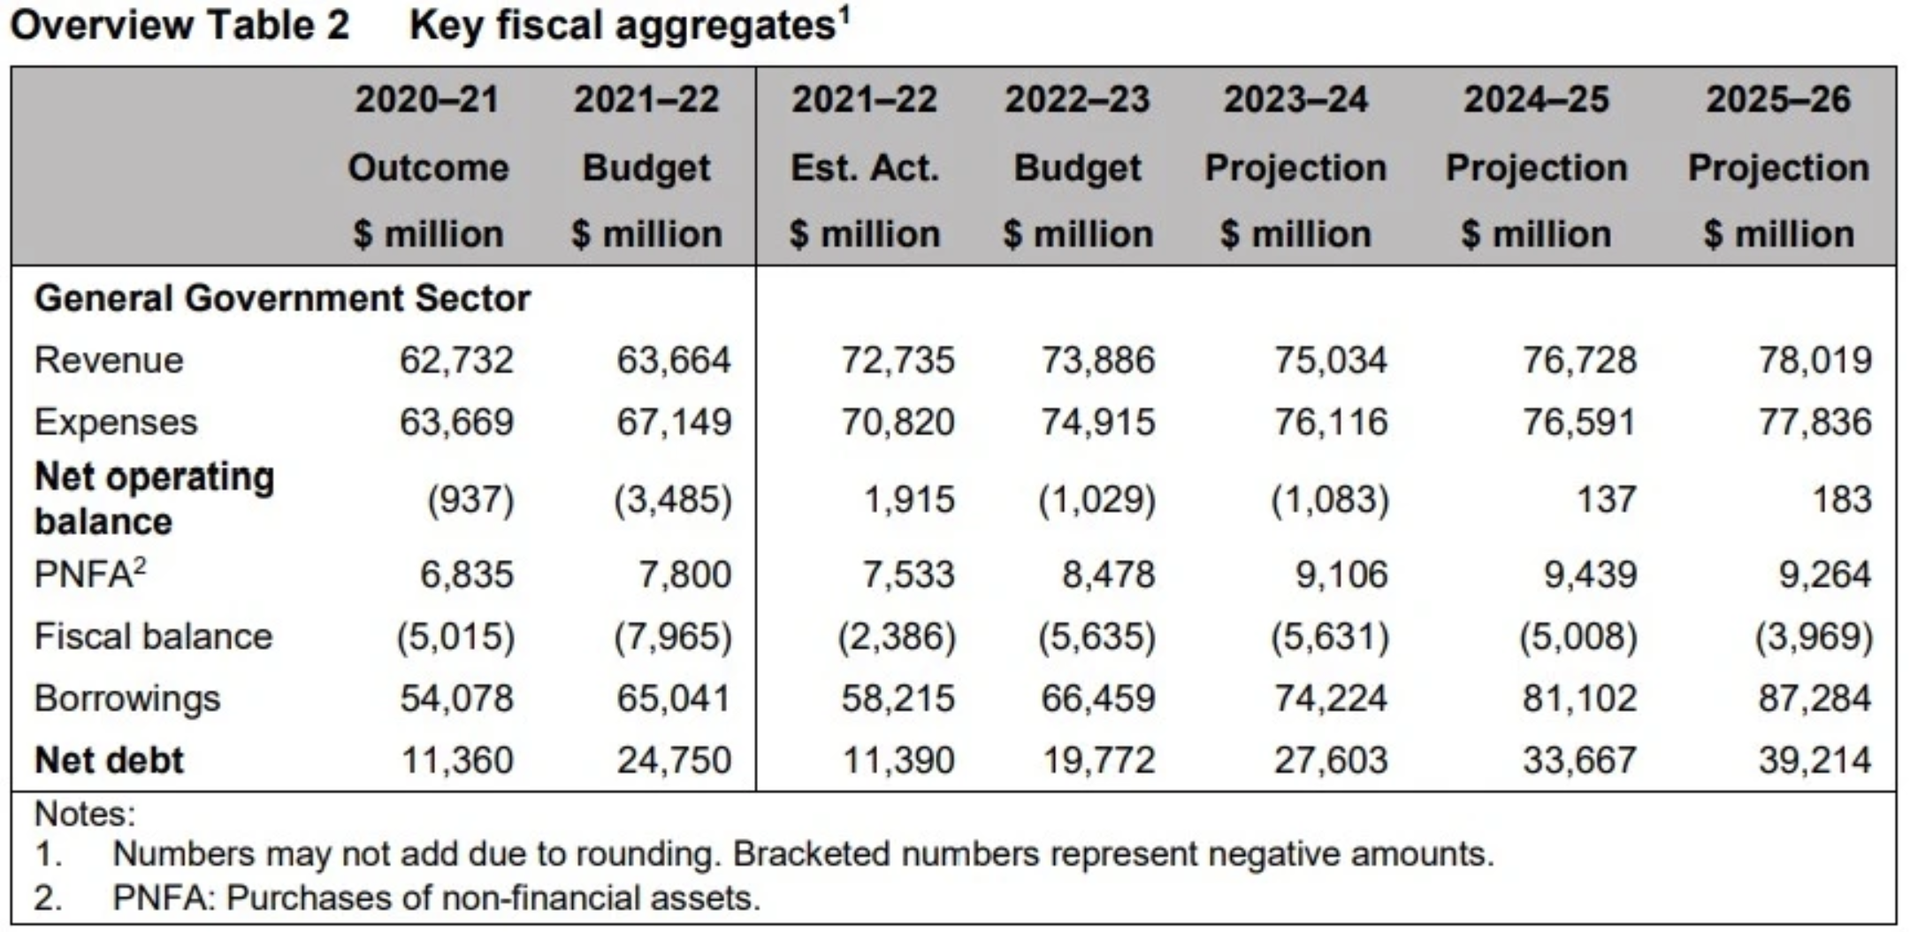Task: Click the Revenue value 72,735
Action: pos(898,360)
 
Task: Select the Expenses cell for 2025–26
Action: pos(1814,422)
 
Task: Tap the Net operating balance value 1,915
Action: pos(909,500)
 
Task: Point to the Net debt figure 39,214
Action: pos(1814,760)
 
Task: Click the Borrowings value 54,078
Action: pos(456,699)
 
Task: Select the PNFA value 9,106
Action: pos(1341,575)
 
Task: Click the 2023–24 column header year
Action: pos(1295,99)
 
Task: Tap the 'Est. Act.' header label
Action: pos(864,168)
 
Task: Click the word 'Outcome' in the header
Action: pos(428,168)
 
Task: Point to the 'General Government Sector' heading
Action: pos(282,299)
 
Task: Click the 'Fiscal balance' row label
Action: pos(153,637)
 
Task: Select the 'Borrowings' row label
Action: pos(126,699)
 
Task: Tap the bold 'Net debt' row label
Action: pos(109,760)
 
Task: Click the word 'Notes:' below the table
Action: pos(85,814)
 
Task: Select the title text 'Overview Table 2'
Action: pos(180,25)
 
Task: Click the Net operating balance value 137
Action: pos(1607,500)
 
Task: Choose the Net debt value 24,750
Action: pos(674,760)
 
